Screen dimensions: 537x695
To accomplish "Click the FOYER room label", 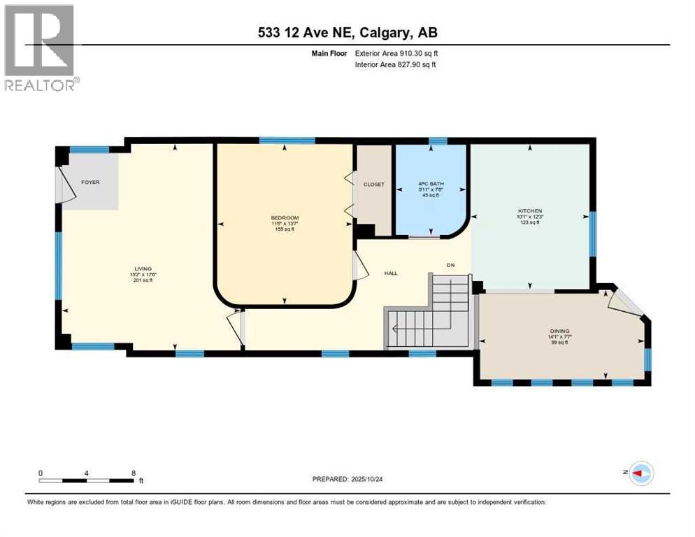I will pos(90,182).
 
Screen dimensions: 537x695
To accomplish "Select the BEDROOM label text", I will pos(285,218).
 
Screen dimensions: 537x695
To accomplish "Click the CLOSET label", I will pos(374,185).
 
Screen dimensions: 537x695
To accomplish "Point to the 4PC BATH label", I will pos(431,185).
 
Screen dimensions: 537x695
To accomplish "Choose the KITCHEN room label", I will pos(531,211).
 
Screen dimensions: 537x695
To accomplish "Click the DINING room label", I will pos(559,331).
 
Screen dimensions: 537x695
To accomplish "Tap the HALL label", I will pos(390,273).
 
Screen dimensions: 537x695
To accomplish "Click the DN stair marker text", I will pos(452,264).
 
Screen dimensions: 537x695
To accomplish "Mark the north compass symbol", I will pos(640,474).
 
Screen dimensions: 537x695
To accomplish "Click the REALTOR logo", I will pos(41,48).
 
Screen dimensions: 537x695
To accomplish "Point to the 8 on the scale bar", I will pos(134,473).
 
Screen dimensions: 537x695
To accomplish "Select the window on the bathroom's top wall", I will pos(438,141).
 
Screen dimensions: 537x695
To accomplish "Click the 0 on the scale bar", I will pos(41,473).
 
